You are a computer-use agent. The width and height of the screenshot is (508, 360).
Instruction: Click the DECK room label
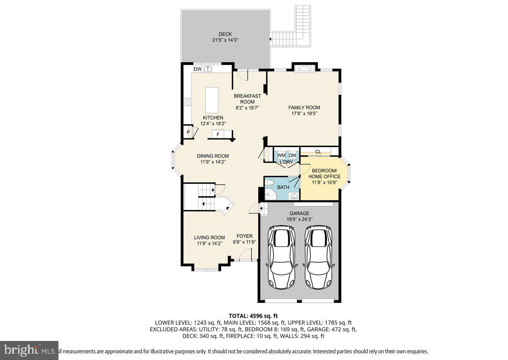pyautogui.click(x=225, y=34)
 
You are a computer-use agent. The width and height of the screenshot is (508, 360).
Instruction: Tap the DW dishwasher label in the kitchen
pyautogui.click(x=197, y=69)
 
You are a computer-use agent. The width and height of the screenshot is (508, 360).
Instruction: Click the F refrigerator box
pyautogui.click(x=218, y=134)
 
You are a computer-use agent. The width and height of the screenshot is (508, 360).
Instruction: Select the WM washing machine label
pyautogui.click(x=281, y=155)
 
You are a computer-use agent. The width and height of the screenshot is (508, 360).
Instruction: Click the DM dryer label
pyautogui.click(x=292, y=155)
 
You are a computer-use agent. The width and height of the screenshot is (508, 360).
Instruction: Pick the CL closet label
pyautogui.click(x=318, y=152)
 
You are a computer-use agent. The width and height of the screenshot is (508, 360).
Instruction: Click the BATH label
pyautogui.click(x=283, y=187)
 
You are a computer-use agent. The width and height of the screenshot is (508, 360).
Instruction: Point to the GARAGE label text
pyautogui.click(x=299, y=213)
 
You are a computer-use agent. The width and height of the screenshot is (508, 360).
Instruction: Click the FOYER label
pyautogui.click(x=244, y=236)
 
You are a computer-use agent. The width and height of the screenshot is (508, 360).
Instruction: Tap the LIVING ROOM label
pyautogui.click(x=209, y=238)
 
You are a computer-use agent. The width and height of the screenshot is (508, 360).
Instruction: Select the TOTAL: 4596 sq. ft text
pyautogui.click(x=253, y=316)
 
